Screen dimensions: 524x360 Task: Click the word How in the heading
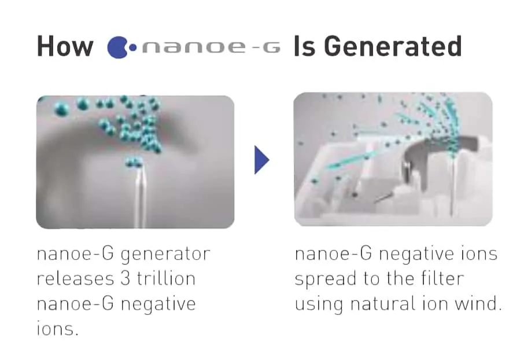65,46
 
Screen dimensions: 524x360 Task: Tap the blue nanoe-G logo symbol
121,47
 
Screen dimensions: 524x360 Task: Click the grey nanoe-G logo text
211,47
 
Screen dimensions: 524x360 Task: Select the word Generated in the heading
393,46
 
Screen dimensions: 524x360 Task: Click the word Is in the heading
304,46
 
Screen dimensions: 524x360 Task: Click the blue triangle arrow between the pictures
261,160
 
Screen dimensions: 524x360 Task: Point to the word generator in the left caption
165,255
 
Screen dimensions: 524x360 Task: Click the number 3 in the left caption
125,278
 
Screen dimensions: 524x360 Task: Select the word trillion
166,278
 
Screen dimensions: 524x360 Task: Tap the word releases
75,278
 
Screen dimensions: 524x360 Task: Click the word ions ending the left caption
57,328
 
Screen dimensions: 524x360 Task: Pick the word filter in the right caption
442,278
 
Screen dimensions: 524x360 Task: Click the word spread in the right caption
326,280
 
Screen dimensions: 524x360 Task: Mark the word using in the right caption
319,304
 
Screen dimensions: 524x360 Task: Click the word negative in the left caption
158,304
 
